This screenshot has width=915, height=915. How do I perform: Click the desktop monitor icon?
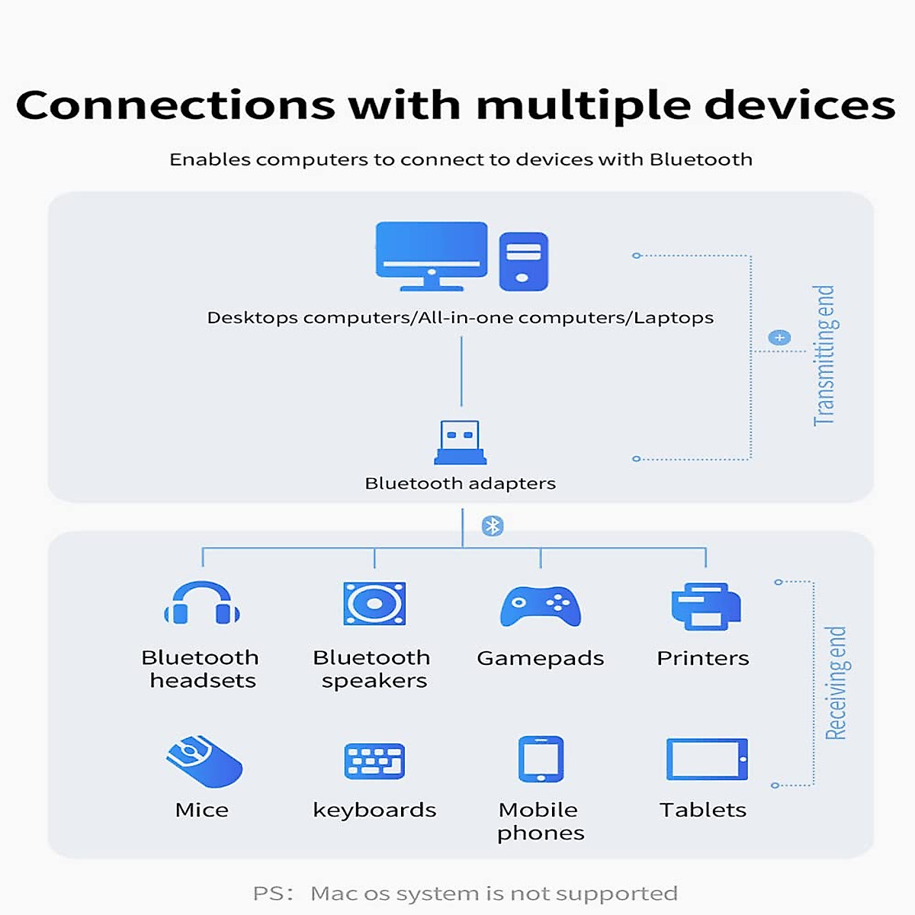[432, 255]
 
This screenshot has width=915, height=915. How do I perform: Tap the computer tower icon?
[523, 262]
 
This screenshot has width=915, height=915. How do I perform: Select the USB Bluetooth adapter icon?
[461, 443]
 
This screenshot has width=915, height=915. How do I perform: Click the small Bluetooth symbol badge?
[493, 525]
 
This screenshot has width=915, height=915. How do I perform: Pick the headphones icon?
[202, 605]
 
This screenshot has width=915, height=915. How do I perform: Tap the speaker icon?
[374, 604]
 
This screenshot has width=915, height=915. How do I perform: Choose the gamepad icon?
[541, 606]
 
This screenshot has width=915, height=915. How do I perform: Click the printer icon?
[705, 606]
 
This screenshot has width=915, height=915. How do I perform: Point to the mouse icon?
[204, 761]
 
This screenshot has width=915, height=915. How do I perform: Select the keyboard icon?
[374, 761]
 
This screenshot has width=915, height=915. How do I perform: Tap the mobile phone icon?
[541, 759]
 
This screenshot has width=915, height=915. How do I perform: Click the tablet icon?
[707, 759]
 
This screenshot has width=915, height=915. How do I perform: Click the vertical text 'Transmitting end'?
[824, 355]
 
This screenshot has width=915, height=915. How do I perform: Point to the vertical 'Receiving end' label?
[836, 682]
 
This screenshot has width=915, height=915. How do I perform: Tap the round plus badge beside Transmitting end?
[779, 338]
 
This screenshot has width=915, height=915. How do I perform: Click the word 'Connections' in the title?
[175, 105]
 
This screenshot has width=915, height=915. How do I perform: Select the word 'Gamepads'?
[541, 658]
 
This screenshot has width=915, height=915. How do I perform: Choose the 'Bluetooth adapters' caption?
[461, 483]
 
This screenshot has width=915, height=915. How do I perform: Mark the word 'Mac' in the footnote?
[333, 893]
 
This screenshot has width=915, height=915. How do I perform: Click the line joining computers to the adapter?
[461, 371]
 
